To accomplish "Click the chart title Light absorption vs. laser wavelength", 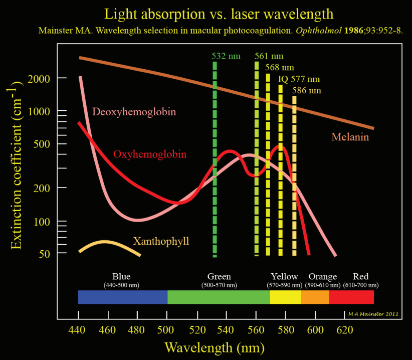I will [212, 14].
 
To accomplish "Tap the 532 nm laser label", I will [226, 56].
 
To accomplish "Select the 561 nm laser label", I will [269, 56].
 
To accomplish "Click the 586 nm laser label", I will [307, 91].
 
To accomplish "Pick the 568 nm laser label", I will [280, 67].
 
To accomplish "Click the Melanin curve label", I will [350, 137].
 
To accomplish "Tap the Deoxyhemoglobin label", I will [135, 111].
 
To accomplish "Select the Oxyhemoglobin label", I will [150, 154].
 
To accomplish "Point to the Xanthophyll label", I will [161, 241].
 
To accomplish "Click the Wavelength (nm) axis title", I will [214, 347].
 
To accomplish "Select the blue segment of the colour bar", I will [123, 297].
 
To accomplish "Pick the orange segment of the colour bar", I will [315, 297].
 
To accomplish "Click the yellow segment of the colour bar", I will [285, 297].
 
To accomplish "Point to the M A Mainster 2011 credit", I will [373, 314].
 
